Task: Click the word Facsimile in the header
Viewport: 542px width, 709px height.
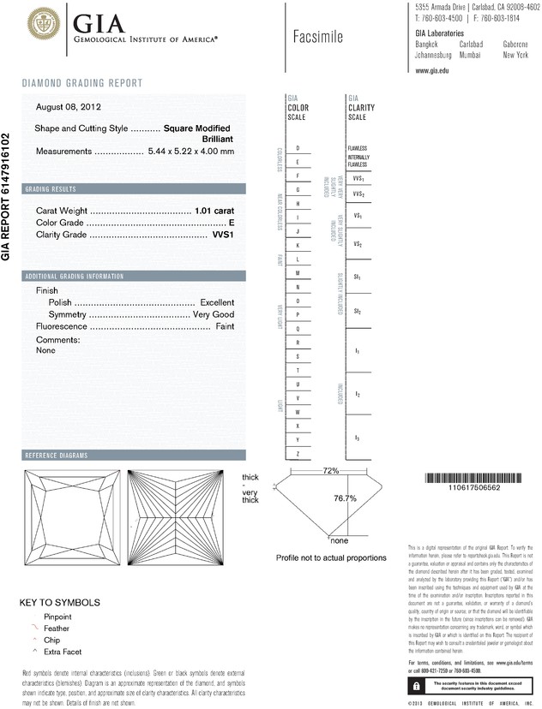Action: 323,37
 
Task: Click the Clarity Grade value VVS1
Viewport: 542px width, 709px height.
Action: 222,234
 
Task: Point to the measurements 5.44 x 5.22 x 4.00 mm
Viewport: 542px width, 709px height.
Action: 190,151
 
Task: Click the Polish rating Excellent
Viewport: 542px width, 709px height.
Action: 216,303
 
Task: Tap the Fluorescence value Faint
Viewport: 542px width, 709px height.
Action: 225,327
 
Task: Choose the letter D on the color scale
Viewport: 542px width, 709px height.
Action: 297,149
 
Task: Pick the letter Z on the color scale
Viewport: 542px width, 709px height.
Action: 297,453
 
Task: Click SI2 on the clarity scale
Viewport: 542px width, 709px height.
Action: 358,313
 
